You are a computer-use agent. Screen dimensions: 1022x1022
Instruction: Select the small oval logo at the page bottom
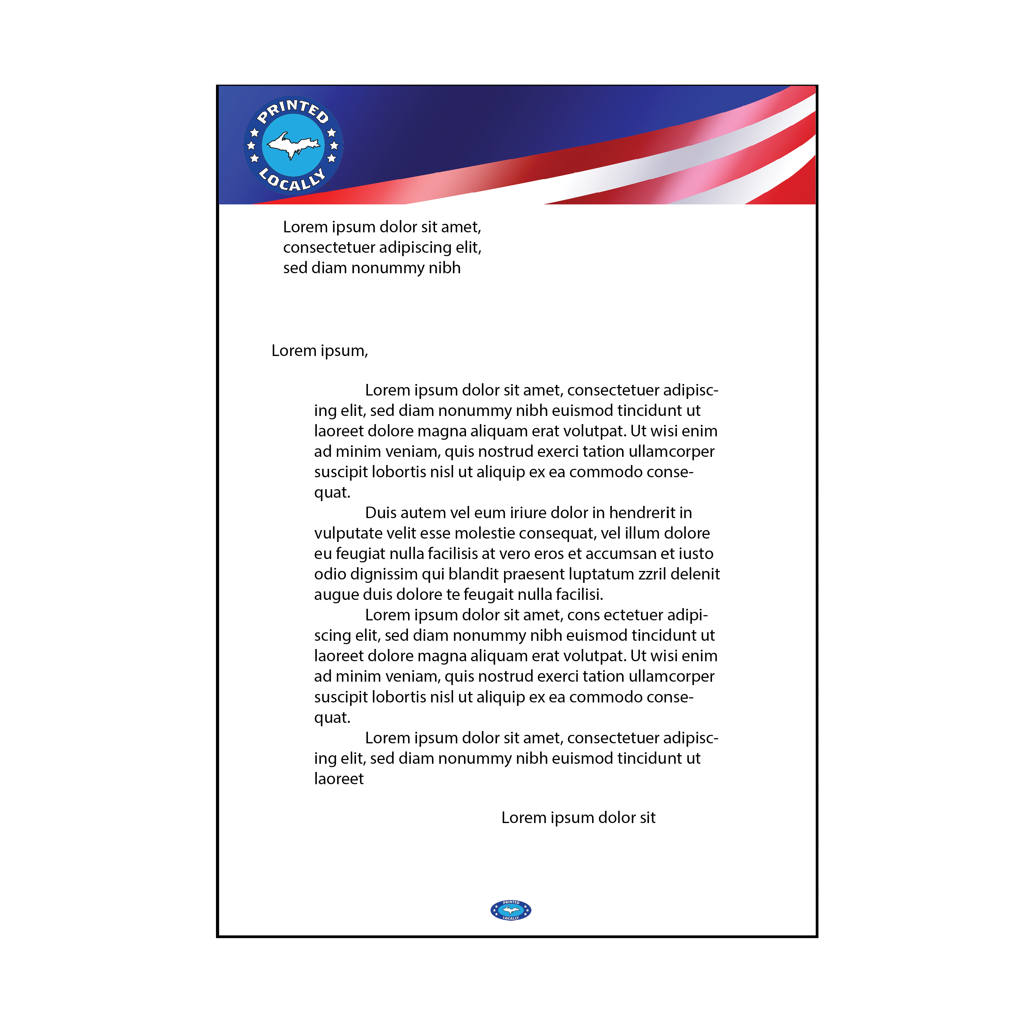[x=510, y=910]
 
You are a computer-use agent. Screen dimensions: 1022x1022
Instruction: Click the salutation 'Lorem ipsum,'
[x=320, y=351]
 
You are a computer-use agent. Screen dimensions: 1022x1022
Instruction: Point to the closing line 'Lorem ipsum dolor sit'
[x=578, y=818]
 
